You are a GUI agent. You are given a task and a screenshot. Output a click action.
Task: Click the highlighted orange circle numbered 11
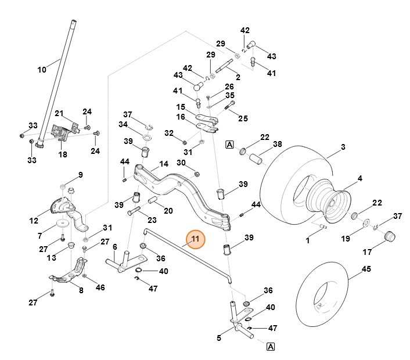(x=196, y=238)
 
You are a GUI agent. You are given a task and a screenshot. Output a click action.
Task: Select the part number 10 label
(x=41, y=70)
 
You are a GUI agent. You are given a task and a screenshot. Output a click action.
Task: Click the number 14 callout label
(x=164, y=164)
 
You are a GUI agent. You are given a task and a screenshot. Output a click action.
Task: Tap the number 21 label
(x=59, y=113)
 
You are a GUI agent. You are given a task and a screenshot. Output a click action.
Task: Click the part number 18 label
(x=62, y=155)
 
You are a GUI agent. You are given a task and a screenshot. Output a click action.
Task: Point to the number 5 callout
(x=220, y=337)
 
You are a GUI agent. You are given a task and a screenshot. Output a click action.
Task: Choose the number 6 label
(x=114, y=247)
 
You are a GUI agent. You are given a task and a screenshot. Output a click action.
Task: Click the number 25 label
(x=243, y=118)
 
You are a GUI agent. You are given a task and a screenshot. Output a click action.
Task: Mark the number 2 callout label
(x=238, y=77)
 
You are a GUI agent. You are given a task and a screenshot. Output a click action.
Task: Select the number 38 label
(x=278, y=144)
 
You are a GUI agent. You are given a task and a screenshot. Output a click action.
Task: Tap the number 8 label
(x=81, y=291)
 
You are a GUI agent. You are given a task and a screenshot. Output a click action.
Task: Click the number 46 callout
(x=100, y=287)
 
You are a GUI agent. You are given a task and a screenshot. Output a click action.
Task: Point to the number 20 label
(x=168, y=211)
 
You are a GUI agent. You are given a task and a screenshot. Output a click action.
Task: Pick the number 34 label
(x=123, y=124)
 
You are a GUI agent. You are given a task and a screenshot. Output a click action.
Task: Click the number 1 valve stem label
(x=308, y=240)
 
